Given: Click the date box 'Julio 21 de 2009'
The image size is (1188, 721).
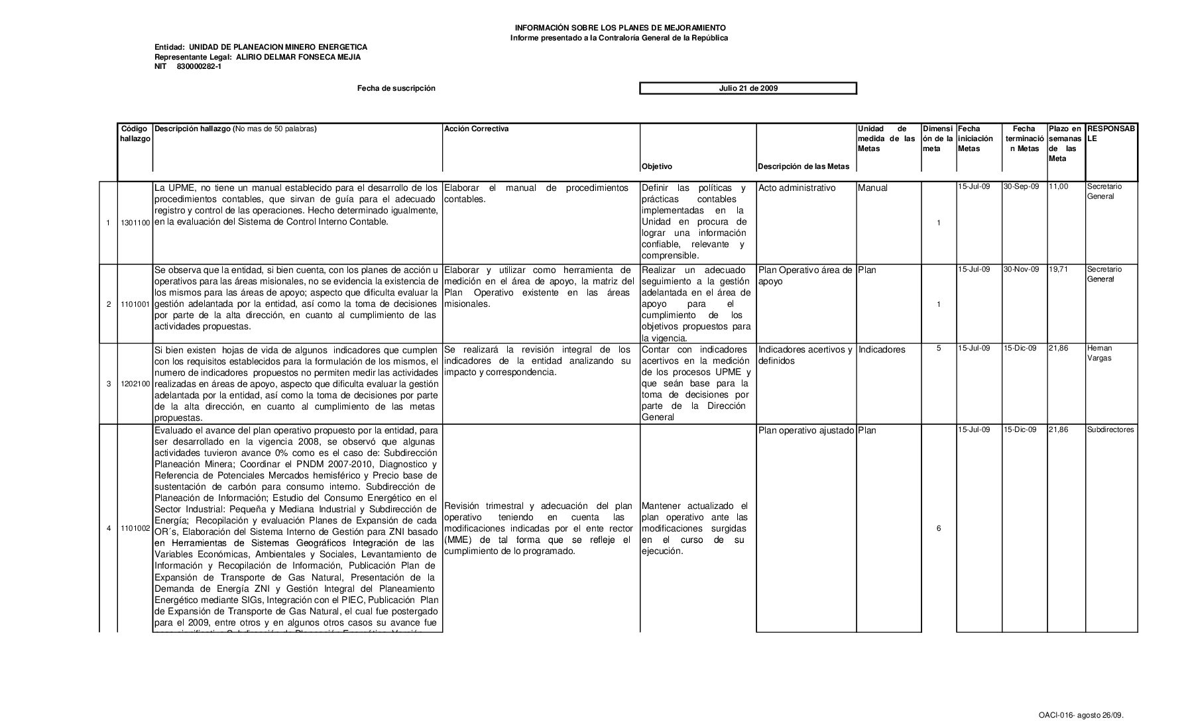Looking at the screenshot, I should coord(748,88).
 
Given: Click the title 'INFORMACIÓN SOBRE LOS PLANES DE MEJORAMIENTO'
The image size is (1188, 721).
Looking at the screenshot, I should coord(620,28).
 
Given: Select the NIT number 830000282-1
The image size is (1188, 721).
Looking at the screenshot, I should coord(199,66).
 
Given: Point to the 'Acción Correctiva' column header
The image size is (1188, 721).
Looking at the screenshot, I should coord(476,129).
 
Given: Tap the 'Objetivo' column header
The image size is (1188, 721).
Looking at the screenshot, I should coord(656,167).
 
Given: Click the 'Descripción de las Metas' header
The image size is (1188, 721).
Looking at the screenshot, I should coord(803,167).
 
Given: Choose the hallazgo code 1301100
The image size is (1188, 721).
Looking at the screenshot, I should coord(135,223).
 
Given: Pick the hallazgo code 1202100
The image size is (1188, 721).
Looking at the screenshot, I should coord(135,384).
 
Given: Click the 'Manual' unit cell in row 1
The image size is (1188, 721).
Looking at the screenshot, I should coord(872,188).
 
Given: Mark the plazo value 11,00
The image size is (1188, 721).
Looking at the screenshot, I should coord(1058,187).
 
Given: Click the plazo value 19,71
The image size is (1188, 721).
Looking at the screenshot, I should coord(1058,270).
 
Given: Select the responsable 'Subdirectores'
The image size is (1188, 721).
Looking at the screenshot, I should coord(1110,430).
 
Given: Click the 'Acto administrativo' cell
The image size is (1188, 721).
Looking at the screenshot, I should coord(797,188).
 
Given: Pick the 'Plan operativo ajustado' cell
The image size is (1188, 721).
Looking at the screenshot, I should coord(805,431).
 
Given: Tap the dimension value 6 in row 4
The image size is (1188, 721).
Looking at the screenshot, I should coord(938,529).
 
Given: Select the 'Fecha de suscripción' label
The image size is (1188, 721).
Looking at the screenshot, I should coord(396,88).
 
